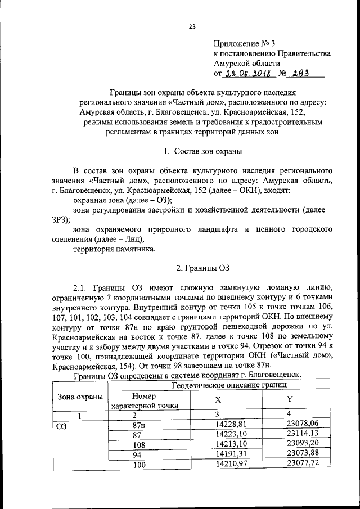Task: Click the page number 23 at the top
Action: (x=192, y=26)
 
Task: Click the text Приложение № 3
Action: (x=244, y=43)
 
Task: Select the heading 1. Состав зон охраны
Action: (x=203, y=150)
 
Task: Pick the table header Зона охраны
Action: (x=81, y=396)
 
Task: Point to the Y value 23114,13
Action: (x=302, y=434)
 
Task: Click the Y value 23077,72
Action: (x=302, y=463)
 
